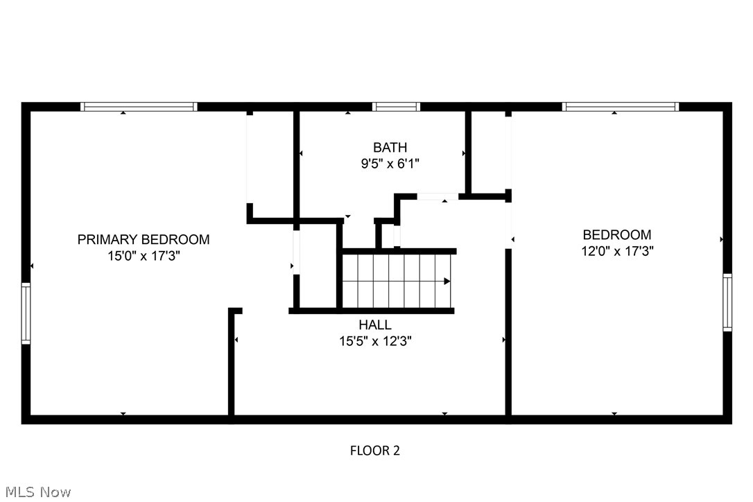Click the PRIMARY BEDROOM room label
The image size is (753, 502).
click(x=143, y=240)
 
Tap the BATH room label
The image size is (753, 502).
click(x=390, y=148)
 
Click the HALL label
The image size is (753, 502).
click(x=374, y=325)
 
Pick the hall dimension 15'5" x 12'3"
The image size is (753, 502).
click(x=375, y=341)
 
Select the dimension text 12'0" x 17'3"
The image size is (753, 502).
click(x=617, y=251)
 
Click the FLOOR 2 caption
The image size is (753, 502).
click(x=374, y=451)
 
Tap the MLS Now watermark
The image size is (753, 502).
click(x=36, y=492)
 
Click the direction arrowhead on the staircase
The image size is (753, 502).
click(x=447, y=281)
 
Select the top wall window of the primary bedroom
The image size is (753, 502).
click(x=139, y=107)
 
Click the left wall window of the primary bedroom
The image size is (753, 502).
click(x=26, y=313)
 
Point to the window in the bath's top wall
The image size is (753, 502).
click(x=396, y=107)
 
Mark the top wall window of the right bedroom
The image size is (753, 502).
click(x=620, y=107)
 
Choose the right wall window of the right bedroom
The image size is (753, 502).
click(x=727, y=302)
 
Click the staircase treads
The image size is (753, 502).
click(x=395, y=281)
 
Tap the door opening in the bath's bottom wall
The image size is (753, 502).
click(x=438, y=197)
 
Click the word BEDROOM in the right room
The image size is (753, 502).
click(x=617, y=235)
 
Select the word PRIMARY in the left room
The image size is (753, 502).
click(x=107, y=240)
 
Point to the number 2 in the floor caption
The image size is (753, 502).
click(x=396, y=451)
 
